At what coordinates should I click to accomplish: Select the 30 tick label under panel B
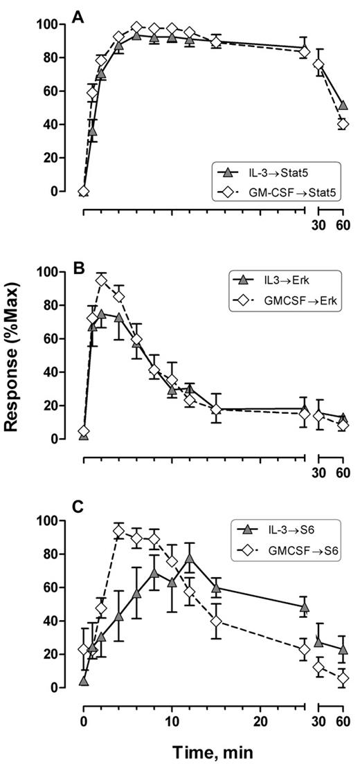[319, 473]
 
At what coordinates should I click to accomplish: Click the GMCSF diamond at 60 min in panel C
[342, 679]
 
